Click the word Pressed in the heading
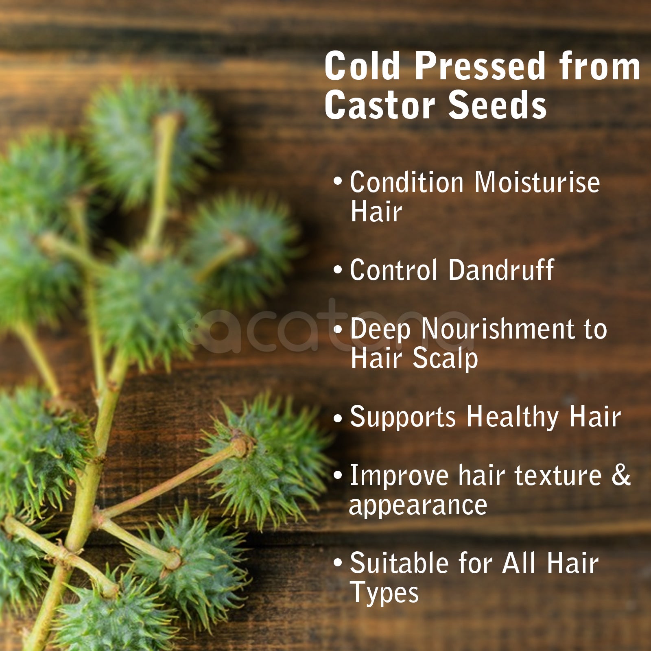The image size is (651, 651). point(480,66)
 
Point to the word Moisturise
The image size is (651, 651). point(537,182)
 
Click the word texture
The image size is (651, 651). point(558,475)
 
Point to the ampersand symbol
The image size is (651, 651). point(621,475)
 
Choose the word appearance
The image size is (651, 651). point(418,506)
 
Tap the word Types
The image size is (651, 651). point(384,593)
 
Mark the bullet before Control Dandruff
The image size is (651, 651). point(337,270)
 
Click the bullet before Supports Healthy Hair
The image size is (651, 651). point(337,418)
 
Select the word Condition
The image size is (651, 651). point(406,182)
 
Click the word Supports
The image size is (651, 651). point(403,418)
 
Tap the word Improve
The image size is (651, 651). point(399,476)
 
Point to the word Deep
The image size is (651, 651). point(380,330)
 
